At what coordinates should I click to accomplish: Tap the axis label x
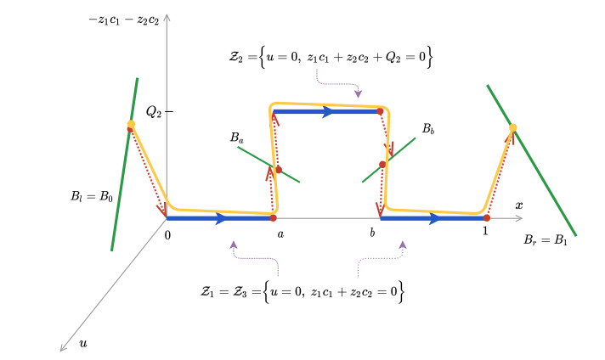point(517,205)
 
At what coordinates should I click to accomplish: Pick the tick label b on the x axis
point(372,232)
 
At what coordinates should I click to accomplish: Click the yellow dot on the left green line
point(131,125)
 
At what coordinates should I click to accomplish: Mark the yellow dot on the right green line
point(512,128)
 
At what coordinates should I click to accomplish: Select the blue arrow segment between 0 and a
point(219,219)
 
